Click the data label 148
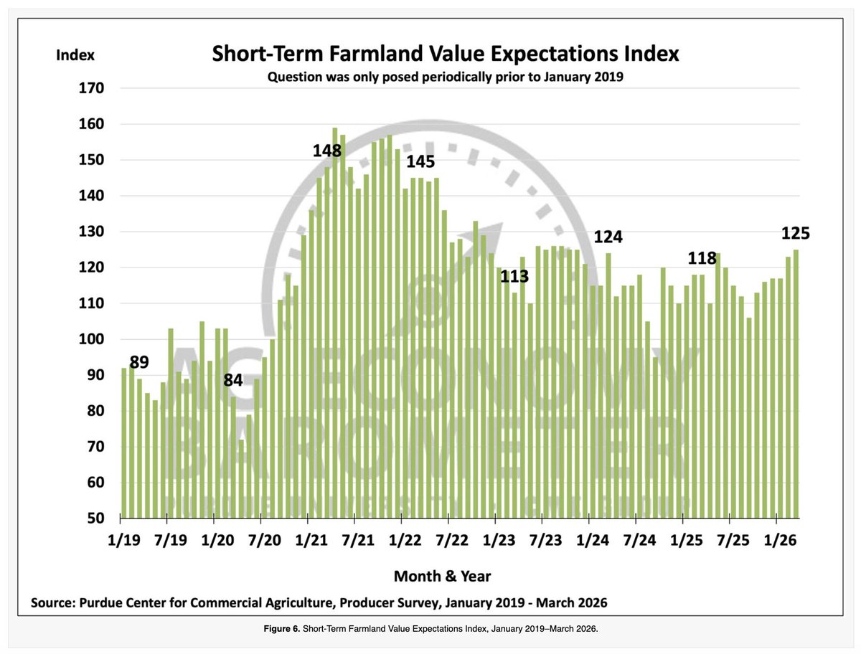coord(327,151)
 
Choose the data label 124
coord(607,237)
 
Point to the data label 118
coord(702,258)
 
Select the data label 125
coord(795,233)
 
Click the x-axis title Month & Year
coord(442,576)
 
